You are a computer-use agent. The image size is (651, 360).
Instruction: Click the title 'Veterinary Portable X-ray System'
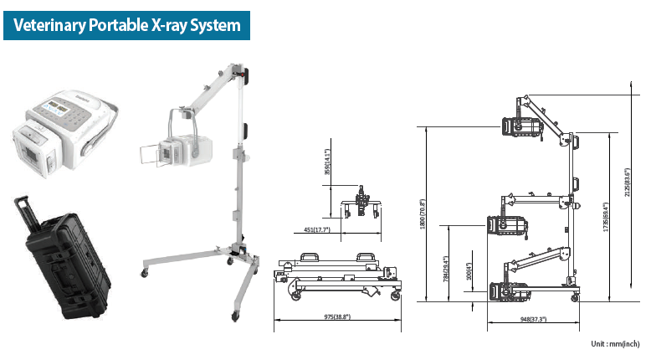[x=126, y=25]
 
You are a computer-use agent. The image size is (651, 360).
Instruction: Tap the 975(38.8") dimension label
[x=336, y=317]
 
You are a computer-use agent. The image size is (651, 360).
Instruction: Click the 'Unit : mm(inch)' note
[x=613, y=343]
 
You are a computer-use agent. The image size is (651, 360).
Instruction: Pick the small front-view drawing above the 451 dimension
[x=361, y=202]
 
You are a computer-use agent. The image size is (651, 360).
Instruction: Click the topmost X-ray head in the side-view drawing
[x=519, y=126]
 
